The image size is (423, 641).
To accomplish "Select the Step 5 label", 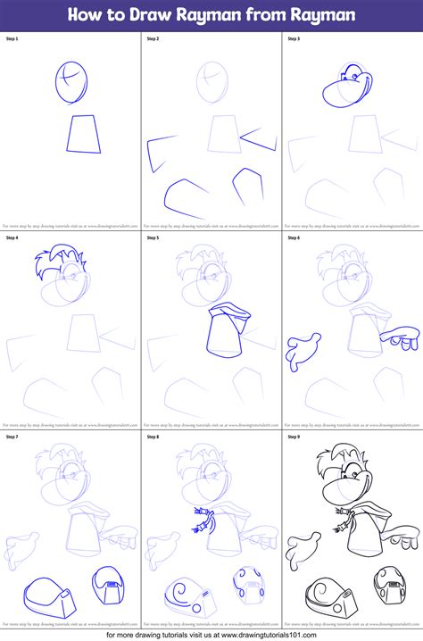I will point(153,238).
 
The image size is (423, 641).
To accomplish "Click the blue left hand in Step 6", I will point(301,349).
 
